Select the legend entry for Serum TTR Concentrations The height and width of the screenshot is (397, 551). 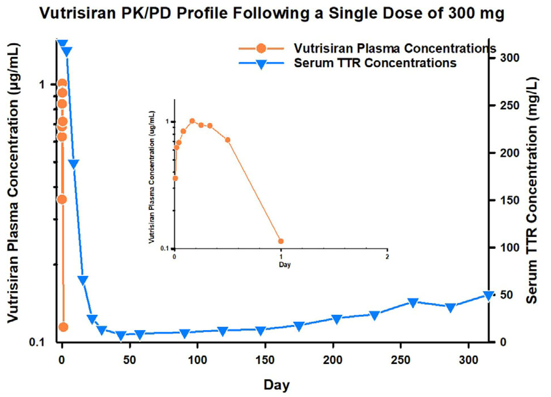(x=375, y=63)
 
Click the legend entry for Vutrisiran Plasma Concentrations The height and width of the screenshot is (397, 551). (x=395, y=48)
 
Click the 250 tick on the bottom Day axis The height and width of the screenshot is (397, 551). (x=401, y=360)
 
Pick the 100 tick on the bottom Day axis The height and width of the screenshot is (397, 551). (x=197, y=360)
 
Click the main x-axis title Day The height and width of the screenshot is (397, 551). (x=277, y=385)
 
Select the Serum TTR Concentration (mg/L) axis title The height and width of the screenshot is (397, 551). (x=532, y=190)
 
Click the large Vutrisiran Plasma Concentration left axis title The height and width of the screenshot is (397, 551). (x=13, y=182)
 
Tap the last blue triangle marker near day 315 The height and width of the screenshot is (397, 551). (x=488, y=296)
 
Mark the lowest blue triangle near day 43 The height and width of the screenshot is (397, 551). (x=121, y=335)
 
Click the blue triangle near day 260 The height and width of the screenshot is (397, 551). (x=413, y=302)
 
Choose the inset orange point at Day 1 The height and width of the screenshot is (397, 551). (x=281, y=241)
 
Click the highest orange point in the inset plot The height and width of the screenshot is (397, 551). (x=192, y=121)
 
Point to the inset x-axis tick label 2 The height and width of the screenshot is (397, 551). (x=387, y=257)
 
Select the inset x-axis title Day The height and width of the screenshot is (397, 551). (x=284, y=265)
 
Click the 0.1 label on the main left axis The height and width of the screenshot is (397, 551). (x=36, y=342)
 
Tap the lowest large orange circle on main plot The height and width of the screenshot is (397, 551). (x=63, y=327)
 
